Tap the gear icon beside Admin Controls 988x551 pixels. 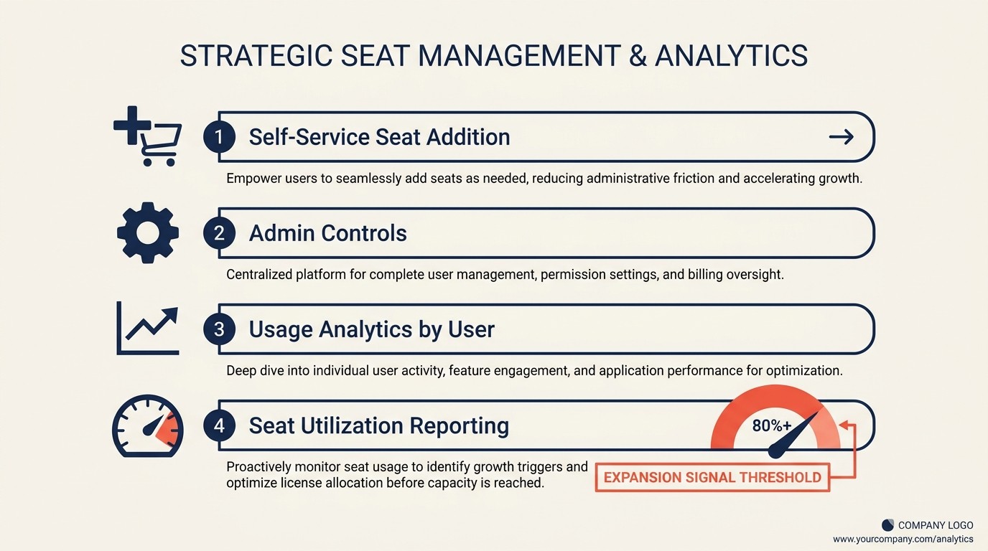(x=148, y=232)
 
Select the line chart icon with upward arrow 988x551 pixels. (x=148, y=329)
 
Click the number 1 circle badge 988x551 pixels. (x=219, y=136)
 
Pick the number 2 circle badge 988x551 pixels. (x=219, y=233)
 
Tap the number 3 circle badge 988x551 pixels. (x=219, y=329)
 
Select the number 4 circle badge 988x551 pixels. (x=219, y=425)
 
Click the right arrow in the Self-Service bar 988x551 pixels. (x=841, y=136)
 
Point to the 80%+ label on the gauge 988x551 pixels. (x=771, y=425)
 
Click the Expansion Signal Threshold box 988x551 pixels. (x=712, y=477)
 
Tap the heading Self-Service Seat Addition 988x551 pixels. (x=379, y=136)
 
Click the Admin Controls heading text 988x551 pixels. (x=327, y=233)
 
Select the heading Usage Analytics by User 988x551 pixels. (x=371, y=329)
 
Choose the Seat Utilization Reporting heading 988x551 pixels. (x=378, y=425)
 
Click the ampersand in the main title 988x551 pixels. (x=636, y=56)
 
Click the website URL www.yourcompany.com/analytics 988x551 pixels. (x=903, y=539)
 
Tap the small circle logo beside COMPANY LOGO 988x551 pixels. (x=887, y=525)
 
